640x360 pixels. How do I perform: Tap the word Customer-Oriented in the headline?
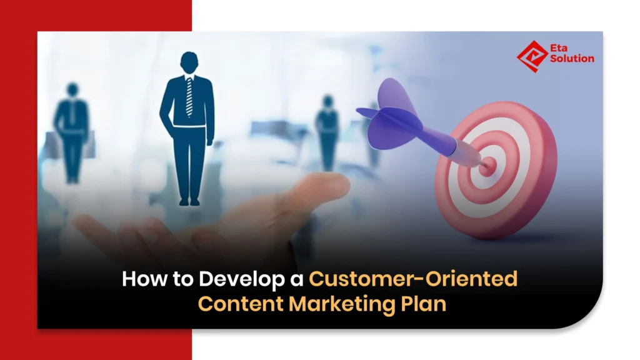click(413, 278)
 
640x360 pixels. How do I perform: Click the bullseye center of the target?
click(487, 166)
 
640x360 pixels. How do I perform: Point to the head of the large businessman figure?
click(189, 63)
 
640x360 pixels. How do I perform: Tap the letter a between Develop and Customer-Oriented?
click(296, 278)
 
